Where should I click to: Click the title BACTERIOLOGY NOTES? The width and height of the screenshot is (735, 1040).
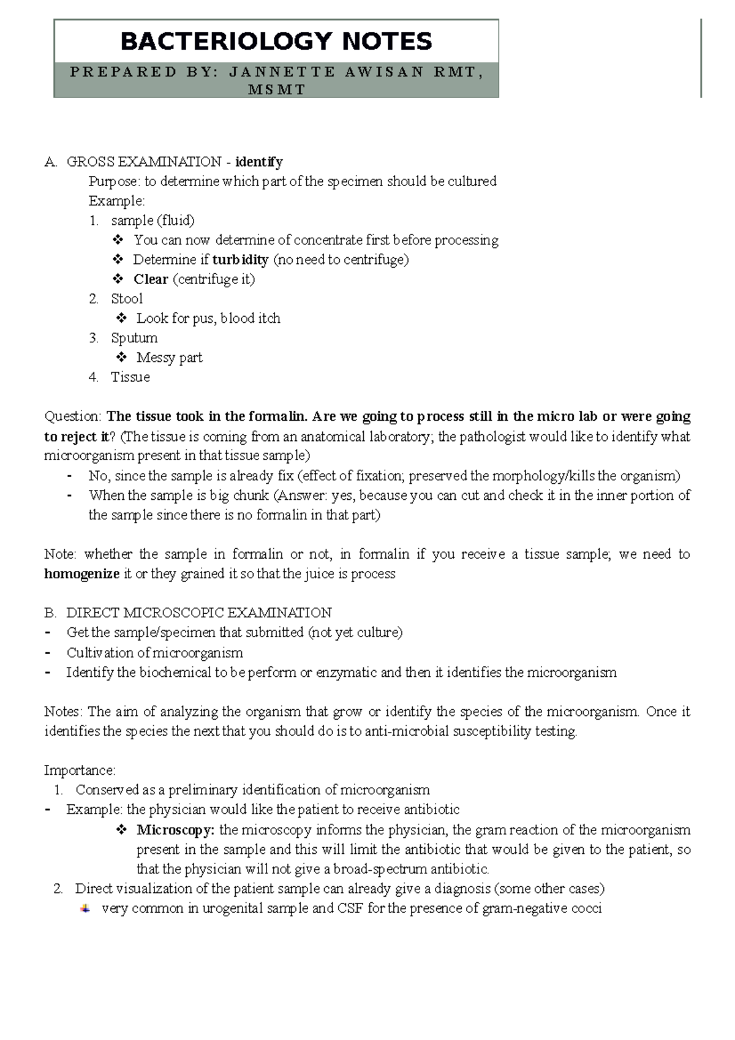pyautogui.click(x=276, y=42)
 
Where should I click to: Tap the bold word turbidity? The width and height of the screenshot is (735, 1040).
pyautogui.click(x=240, y=260)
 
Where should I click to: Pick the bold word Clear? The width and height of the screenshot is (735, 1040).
pyautogui.click(x=151, y=279)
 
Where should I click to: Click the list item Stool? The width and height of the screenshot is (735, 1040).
pyautogui.click(x=127, y=299)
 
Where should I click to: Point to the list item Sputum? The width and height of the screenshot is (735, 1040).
pyautogui.click(x=134, y=338)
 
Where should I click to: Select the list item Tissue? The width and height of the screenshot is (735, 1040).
pyautogui.click(x=130, y=377)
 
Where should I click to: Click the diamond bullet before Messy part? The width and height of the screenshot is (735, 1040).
pyautogui.click(x=121, y=357)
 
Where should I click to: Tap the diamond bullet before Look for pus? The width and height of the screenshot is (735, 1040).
pyautogui.click(x=121, y=318)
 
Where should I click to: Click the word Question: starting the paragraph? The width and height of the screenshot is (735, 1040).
pyautogui.click(x=73, y=417)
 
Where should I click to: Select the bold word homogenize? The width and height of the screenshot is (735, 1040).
pyautogui.click(x=82, y=575)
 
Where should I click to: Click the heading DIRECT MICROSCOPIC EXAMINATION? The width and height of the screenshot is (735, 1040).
pyautogui.click(x=199, y=613)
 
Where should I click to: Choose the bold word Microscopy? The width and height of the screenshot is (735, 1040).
pyautogui.click(x=176, y=831)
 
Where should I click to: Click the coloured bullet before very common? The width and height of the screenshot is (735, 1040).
pyautogui.click(x=86, y=908)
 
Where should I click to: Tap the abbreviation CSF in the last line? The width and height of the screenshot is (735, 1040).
pyautogui.click(x=350, y=908)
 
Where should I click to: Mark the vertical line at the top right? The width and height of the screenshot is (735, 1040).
pyautogui.click(x=701, y=58)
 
